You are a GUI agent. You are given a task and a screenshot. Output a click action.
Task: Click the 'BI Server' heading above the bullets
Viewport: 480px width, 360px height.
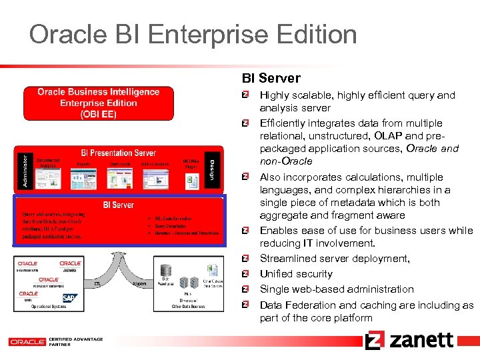tap(271, 79)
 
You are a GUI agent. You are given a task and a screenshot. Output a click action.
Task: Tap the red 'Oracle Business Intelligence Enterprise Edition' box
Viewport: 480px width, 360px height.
tap(99, 103)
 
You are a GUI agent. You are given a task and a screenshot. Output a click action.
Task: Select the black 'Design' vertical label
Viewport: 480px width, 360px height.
tap(213, 168)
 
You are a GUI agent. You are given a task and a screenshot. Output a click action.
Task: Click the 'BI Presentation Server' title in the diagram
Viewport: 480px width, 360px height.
tap(118, 152)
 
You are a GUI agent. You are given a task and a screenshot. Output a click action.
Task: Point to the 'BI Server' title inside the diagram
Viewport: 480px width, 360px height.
tap(118, 205)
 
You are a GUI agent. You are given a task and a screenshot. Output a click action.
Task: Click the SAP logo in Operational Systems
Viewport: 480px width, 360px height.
tap(69, 298)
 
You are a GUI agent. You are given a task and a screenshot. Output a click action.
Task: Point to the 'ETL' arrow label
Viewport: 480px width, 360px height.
tap(97, 283)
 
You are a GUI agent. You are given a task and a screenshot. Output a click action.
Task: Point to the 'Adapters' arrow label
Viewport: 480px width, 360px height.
tap(139, 283)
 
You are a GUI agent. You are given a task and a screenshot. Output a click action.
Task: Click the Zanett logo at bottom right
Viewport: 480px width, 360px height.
tap(409, 341)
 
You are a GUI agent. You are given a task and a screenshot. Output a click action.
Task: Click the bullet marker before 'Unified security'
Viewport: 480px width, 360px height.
tap(246, 273)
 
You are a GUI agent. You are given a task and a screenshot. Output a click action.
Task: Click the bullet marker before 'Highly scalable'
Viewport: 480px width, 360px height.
tap(246, 95)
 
